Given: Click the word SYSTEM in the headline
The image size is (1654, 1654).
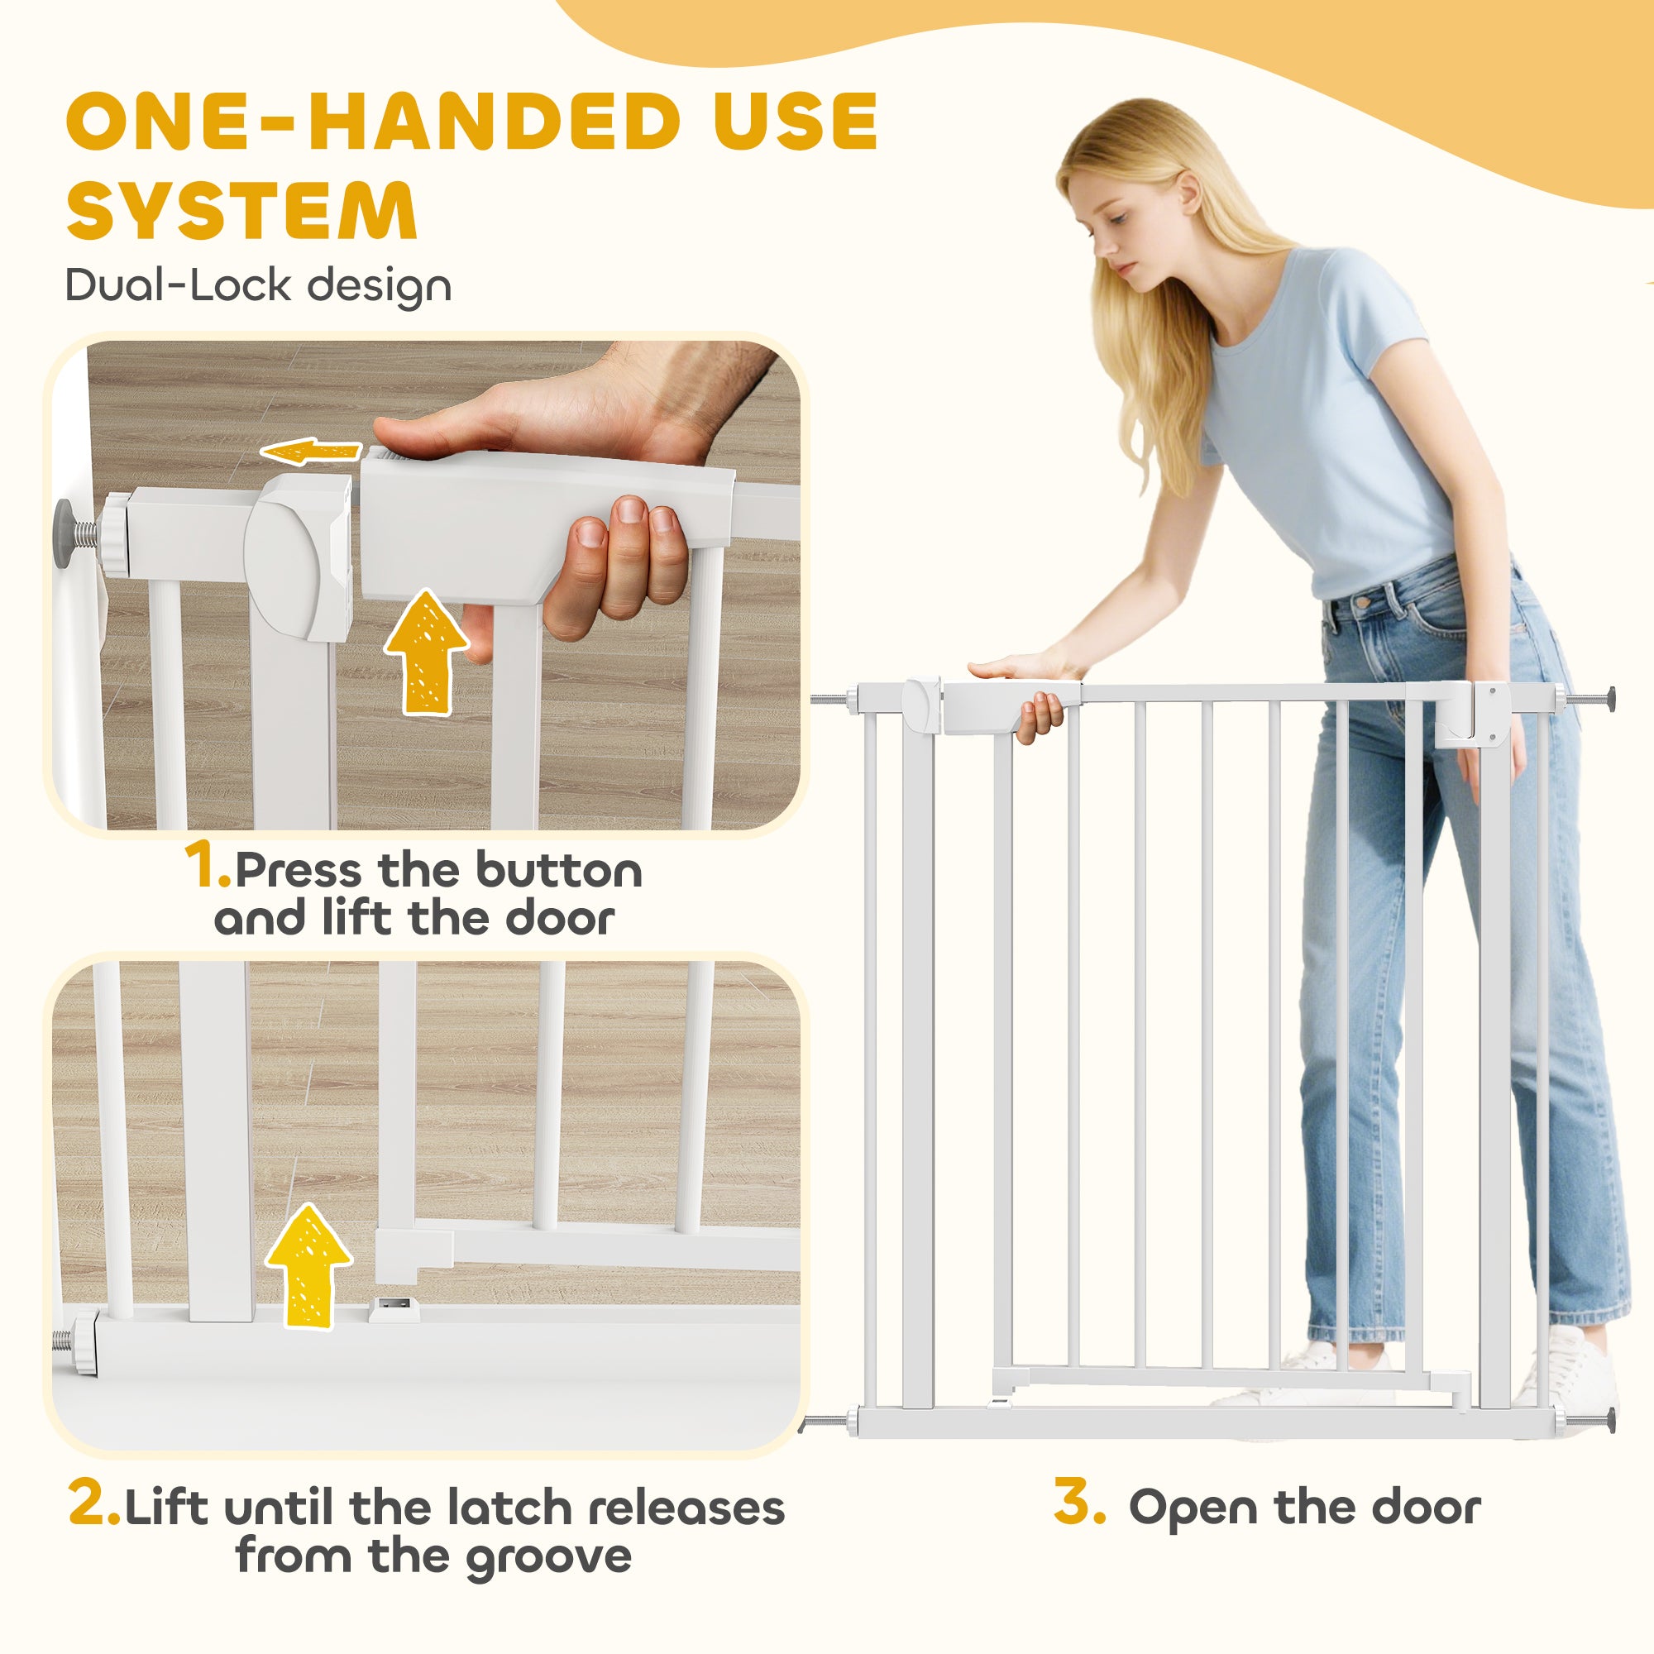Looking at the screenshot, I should click(x=242, y=212).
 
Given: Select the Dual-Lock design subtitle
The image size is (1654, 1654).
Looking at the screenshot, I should click(x=258, y=285).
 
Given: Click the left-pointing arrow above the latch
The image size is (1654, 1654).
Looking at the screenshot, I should click(x=310, y=452).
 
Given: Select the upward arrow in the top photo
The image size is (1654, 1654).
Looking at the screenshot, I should click(x=425, y=651).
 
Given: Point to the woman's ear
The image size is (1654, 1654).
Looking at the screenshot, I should click(x=1189, y=193).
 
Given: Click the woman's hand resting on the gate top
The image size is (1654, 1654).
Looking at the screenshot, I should click(x=1015, y=667).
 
